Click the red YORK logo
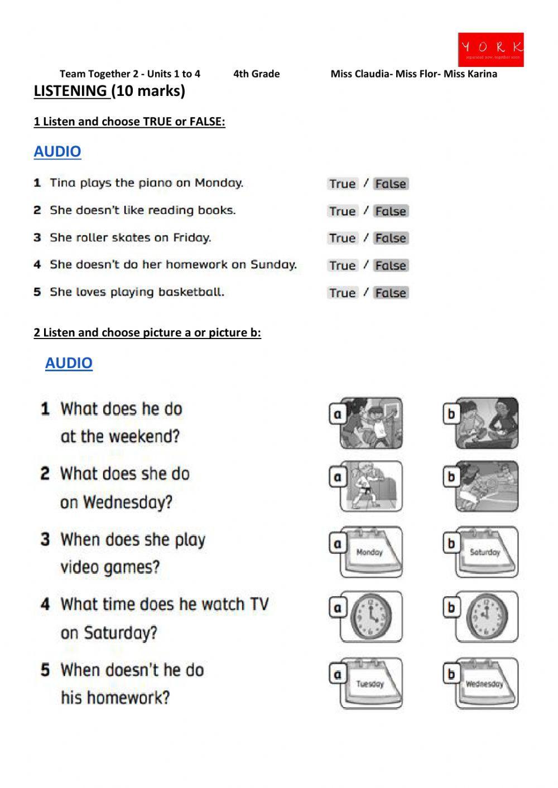click(490, 49)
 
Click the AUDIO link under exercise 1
click(57, 151)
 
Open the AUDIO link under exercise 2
click(69, 362)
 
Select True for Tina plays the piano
click(342, 183)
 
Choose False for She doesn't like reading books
click(391, 211)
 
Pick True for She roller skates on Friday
click(342, 238)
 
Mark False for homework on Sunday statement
click(391, 265)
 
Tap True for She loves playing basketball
click(342, 293)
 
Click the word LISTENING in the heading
click(70, 91)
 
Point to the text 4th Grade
click(256, 74)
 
